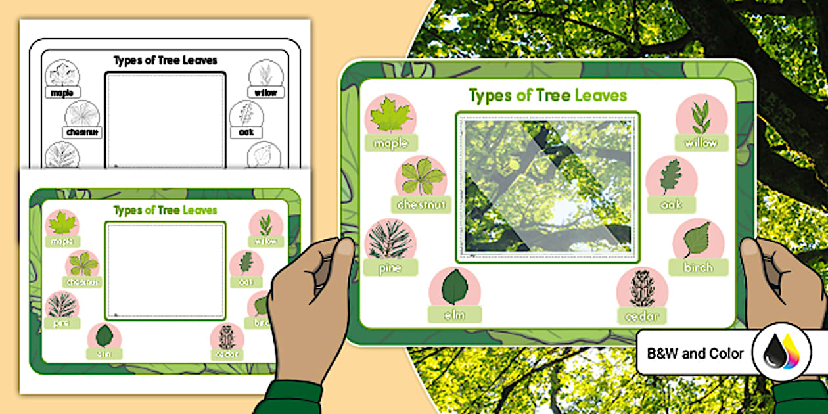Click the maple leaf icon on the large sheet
point(390,116)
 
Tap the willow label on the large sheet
point(701,143)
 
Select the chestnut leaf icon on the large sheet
point(420,177)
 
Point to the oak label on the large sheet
point(671,204)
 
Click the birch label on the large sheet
point(699,267)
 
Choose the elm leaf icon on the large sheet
point(454,287)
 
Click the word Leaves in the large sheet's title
point(601,96)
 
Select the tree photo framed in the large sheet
point(547,187)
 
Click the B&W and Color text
point(695,354)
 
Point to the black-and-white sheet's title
point(165,60)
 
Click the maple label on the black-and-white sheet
point(62,93)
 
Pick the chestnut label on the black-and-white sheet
point(82,133)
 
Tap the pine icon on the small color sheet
point(62,304)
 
